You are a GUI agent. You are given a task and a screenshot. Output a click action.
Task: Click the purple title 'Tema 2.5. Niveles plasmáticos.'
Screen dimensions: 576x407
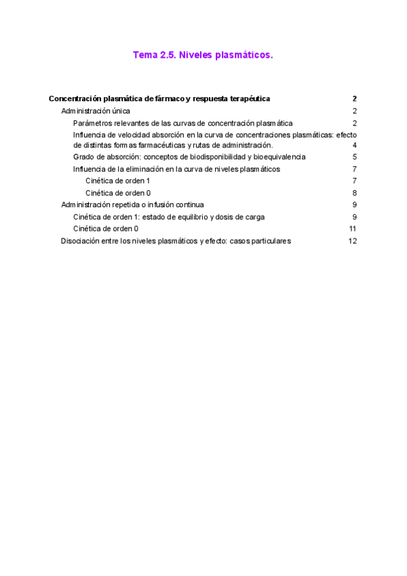[x=203, y=56]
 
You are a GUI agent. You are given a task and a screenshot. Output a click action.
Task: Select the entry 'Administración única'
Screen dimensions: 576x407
[x=96, y=111]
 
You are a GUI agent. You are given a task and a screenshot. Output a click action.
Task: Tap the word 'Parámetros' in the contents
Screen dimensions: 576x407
[x=94, y=123]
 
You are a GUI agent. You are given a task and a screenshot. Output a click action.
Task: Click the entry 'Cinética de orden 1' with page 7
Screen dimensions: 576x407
[x=118, y=181]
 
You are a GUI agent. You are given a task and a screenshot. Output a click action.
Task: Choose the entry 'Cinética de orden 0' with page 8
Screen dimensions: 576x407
[x=118, y=193]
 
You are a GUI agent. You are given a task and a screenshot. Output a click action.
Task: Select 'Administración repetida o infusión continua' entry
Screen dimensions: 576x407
[x=132, y=204]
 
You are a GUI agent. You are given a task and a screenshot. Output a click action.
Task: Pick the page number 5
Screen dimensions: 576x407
[x=355, y=157]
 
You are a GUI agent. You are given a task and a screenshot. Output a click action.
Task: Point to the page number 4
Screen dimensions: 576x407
[x=355, y=145]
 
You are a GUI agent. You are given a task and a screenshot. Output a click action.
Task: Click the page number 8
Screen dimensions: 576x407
[x=355, y=193]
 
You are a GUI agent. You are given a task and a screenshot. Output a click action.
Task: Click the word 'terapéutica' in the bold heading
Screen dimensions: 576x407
[x=249, y=99]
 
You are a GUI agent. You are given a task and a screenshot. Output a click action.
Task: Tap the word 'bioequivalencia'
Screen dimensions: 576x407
[x=279, y=157]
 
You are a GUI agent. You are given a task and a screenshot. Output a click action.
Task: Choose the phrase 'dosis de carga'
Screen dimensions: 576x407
[x=241, y=217]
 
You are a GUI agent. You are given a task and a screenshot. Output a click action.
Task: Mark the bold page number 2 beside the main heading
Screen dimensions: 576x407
[x=355, y=99]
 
